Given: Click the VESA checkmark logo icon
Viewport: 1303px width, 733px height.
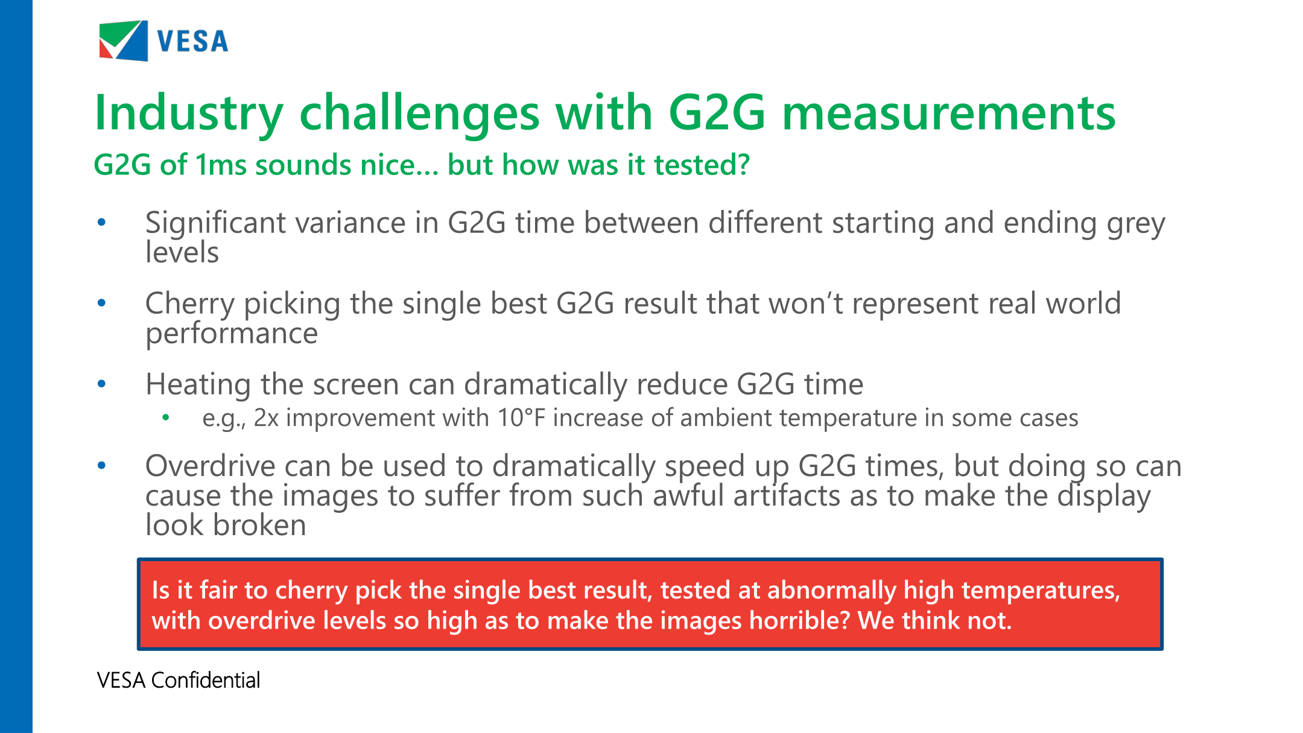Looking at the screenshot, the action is tap(124, 40).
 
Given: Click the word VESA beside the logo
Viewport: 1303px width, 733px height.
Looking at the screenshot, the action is tap(192, 42).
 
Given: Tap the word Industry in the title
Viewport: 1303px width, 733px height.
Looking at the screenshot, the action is tap(189, 113).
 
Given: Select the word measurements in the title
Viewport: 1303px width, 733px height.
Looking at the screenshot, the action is tap(949, 113).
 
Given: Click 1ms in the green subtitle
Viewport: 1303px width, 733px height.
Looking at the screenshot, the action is tap(221, 165).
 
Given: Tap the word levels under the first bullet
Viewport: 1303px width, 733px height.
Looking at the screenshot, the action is tap(182, 252).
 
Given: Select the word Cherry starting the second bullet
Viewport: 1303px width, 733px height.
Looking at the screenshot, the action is tap(190, 304).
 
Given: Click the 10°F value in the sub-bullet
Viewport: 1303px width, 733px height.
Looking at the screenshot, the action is tap(522, 418).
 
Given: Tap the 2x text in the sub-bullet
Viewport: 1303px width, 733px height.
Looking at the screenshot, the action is tap(266, 418).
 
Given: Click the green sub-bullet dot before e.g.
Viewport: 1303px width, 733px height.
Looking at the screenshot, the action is tap(166, 417).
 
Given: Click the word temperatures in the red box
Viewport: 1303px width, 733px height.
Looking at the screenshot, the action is tap(1042, 591).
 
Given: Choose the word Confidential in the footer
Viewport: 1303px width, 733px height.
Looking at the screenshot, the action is tap(206, 681).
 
